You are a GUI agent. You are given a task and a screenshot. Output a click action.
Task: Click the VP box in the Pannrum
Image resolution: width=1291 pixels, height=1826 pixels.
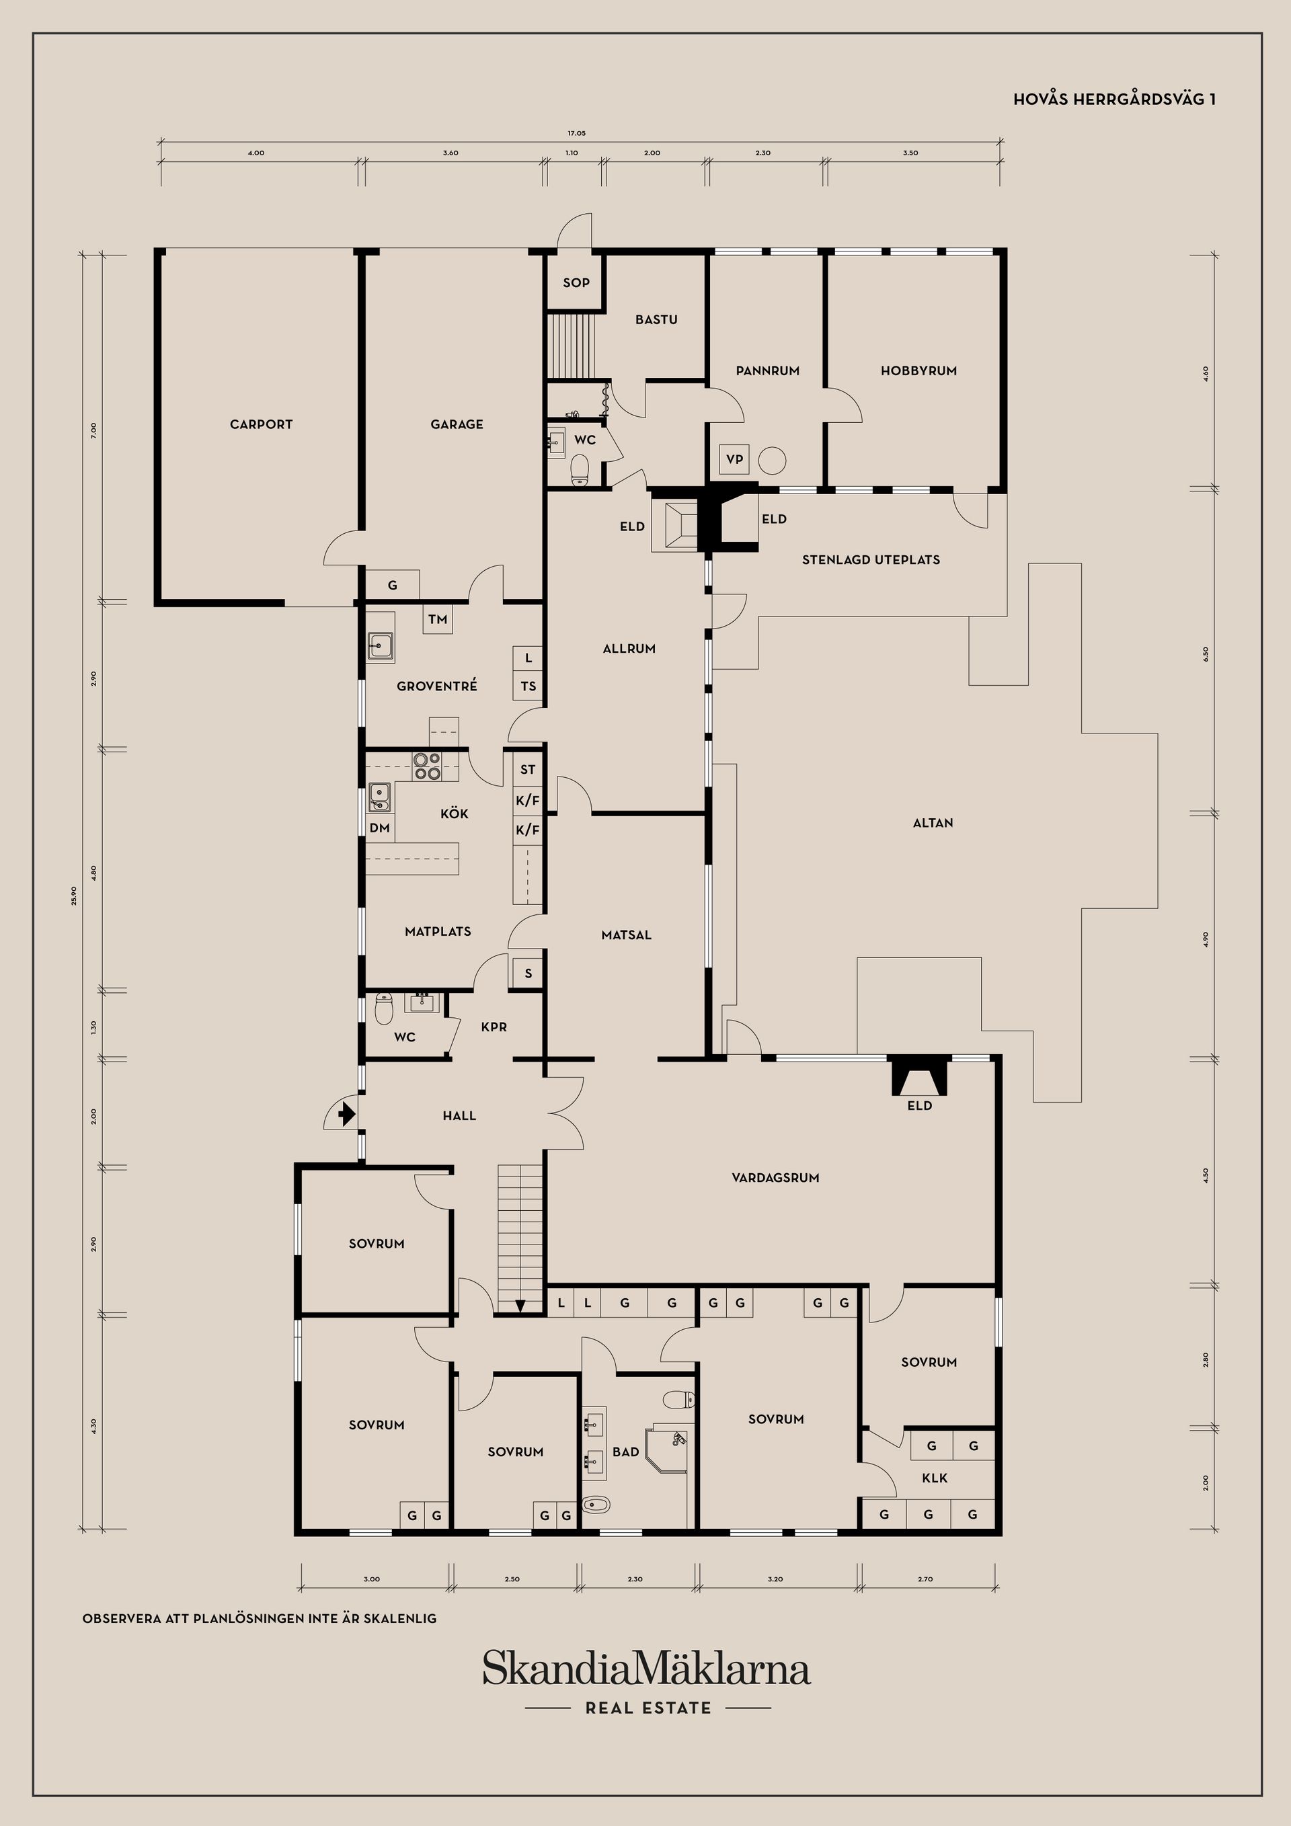click(734, 460)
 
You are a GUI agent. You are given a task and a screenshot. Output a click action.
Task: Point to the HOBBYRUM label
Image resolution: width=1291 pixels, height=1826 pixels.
click(918, 370)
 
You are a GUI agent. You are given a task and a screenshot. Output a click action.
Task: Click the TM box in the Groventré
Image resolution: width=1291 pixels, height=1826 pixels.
click(438, 620)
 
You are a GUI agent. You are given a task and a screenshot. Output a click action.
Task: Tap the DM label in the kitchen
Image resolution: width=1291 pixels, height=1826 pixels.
click(379, 828)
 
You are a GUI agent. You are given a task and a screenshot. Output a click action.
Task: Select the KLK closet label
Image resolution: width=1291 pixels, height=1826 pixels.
click(934, 1478)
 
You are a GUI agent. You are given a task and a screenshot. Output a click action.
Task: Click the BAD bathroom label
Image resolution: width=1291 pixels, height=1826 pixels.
click(625, 1452)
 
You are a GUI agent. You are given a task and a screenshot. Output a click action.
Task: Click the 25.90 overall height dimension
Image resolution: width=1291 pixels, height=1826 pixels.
click(74, 896)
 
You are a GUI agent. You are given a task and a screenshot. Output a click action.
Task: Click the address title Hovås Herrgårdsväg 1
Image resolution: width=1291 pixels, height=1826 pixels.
click(1113, 100)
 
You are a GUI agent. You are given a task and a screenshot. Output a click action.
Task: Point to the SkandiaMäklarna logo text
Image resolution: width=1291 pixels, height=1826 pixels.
click(646, 1669)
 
